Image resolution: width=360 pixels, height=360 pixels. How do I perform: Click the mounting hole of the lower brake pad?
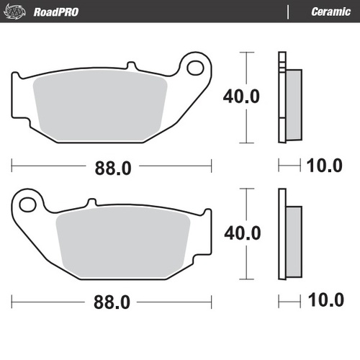28,204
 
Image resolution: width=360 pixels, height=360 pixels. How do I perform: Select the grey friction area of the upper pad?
101,107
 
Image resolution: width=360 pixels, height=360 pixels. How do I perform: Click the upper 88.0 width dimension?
112,167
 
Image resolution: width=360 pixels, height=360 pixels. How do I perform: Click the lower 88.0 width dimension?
112,303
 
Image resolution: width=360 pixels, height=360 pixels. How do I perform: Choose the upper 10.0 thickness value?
323,167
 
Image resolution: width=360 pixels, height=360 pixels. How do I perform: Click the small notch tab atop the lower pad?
91,202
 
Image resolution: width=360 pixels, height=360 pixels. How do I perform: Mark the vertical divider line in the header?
289,12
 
